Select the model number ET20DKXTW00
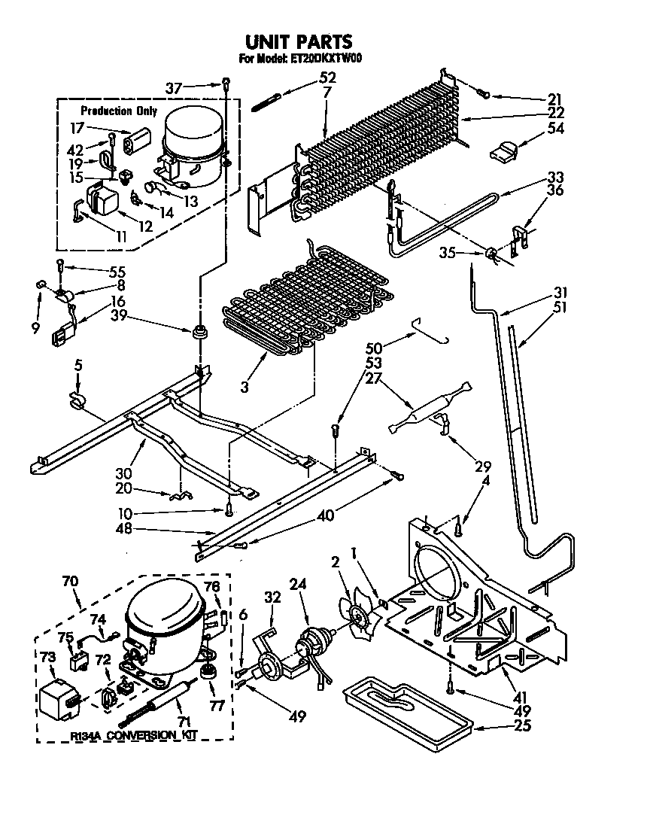tap(326, 59)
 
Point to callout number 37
tap(174, 88)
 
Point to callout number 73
tap(47, 657)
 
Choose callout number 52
tap(327, 77)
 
